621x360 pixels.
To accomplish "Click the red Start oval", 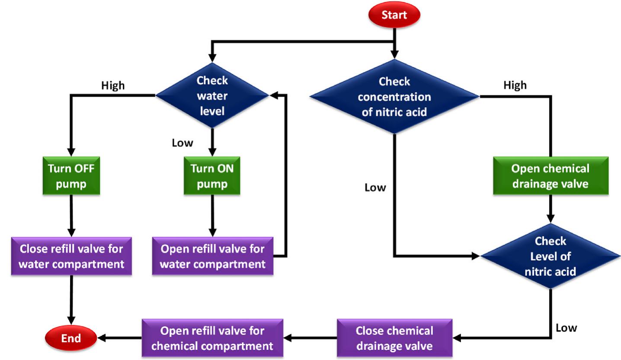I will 394,15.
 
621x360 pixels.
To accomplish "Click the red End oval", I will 71,338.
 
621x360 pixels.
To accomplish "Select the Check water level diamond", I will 212,96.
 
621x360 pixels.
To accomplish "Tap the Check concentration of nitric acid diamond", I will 394,97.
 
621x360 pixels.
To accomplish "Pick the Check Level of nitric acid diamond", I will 550,256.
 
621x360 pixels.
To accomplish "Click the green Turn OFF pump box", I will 71,177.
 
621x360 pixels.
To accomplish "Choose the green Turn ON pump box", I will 212,177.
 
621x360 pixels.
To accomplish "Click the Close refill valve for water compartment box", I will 71,256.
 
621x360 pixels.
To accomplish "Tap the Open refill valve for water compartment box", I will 213,256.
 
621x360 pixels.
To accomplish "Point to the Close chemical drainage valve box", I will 394,338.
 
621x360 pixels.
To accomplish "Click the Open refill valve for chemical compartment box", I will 212,338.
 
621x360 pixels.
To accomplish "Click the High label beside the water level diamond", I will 112,86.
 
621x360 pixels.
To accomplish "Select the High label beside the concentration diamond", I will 515,85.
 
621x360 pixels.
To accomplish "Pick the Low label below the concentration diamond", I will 375,188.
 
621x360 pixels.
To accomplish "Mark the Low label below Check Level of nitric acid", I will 566,328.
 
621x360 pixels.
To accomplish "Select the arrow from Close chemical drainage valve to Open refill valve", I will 310,338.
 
